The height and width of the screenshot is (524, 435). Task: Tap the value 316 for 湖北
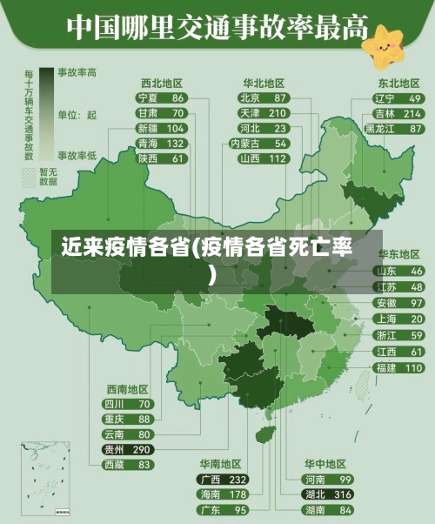[344, 494]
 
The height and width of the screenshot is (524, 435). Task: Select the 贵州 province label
[114, 449]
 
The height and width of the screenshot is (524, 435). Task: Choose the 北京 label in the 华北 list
[250, 98]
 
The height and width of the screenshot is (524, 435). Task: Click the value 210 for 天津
[278, 113]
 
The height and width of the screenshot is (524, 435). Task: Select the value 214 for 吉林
[412, 114]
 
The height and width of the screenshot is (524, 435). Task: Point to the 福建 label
[385, 368]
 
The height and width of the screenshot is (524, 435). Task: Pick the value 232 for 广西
[238, 480]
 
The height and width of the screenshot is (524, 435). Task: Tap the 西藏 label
[114, 465]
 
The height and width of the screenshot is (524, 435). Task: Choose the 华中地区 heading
[325, 464]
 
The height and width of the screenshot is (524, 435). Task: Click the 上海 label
[385, 319]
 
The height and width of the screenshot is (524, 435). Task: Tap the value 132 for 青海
[176, 144]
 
